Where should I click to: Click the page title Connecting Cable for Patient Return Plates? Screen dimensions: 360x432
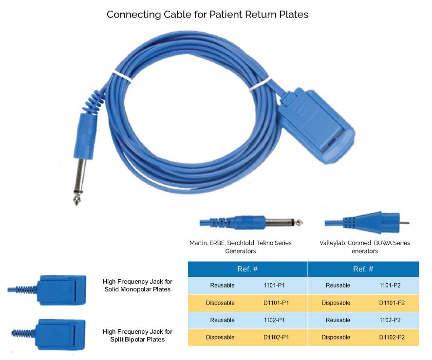click(207, 15)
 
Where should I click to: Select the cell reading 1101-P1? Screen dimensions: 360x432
click(276, 285)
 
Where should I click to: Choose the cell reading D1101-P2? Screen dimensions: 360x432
click(392, 303)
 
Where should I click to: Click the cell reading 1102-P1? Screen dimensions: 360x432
click(276, 320)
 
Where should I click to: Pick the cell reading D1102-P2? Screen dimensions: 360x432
click(392, 337)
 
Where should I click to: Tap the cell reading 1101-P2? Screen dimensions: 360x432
click(392, 285)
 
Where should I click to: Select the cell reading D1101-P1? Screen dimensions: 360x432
click(276, 303)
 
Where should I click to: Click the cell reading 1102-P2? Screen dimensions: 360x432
click(392, 320)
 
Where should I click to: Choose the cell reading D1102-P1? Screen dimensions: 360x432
click(276, 337)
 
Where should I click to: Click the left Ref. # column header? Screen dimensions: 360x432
click(247, 269)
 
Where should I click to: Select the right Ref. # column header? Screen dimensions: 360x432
click(363, 269)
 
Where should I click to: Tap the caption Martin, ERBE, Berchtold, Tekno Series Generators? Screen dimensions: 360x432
click(241, 247)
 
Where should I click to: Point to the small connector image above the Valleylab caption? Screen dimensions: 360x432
click(363, 222)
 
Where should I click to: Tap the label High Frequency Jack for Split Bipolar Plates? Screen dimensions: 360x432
click(137, 335)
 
